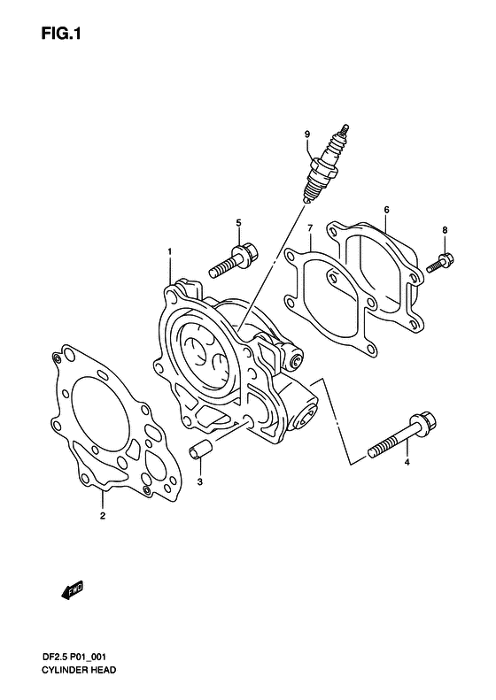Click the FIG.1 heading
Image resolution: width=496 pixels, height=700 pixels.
pyautogui.click(x=61, y=34)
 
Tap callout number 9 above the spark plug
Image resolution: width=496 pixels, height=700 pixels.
pyautogui.click(x=307, y=134)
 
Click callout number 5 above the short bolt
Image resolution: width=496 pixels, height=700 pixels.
pyautogui.click(x=238, y=222)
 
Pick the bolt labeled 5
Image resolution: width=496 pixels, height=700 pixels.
pyautogui.click(x=232, y=260)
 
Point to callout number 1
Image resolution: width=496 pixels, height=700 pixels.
pyautogui.click(x=169, y=252)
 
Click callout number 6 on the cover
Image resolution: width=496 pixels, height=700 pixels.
pyautogui.click(x=386, y=210)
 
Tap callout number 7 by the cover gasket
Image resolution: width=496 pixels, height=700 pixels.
pyautogui.click(x=310, y=228)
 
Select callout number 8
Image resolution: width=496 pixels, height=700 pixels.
pyautogui.click(x=445, y=230)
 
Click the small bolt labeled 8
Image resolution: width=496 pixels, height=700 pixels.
pyautogui.click(x=440, y=263)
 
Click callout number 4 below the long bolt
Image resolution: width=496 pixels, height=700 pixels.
pyautogui.click(x=407, y=463)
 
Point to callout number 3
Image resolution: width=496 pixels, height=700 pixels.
pyautogui.click(x=200, y=481)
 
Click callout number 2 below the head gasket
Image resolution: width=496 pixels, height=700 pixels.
pyautogui.click(x=103, y=516)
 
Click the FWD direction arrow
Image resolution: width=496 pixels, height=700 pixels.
pyautogui.click(x=72, y=590)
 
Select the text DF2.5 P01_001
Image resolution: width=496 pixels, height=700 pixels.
pyautogui.click(x=74, y=657)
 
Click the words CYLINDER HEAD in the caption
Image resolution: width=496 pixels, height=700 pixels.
pyautogui.click(x=79, y=670)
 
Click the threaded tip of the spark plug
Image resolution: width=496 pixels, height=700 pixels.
pyautogui.click(x=311, y=194)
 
